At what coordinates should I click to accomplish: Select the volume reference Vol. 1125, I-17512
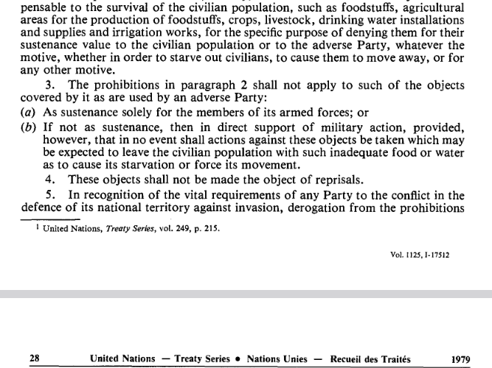pyautogui.click(x=420, y=255)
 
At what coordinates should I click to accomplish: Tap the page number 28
pyautogui.click(x=34, y=359)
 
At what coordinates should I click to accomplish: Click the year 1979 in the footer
pyautogui.click(x=461, y=359)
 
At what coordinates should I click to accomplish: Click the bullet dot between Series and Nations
pyautogui.click(x=240, y=359)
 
